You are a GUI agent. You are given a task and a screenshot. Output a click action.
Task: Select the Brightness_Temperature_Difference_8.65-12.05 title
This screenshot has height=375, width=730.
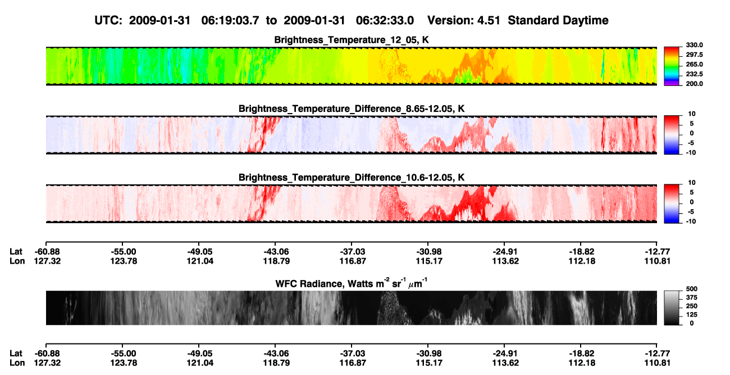352,109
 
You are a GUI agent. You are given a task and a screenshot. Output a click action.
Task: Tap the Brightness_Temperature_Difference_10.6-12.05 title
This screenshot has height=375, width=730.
352,178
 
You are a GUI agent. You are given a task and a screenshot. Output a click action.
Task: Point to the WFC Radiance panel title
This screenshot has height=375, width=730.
352,283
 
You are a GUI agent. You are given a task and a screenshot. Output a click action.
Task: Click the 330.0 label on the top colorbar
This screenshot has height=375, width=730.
694,45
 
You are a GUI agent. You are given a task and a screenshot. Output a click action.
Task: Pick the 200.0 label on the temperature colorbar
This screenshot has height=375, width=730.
694,84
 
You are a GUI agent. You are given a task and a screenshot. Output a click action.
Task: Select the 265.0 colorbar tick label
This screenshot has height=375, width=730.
694,64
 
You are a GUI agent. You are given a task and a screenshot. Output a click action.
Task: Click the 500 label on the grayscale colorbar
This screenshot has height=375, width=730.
692,289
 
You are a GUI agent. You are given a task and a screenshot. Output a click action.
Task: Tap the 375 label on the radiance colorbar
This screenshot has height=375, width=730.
692,297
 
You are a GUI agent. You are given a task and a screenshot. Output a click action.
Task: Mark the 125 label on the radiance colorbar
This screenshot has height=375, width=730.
692,315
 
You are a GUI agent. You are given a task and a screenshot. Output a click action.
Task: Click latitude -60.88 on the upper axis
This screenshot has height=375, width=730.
47,252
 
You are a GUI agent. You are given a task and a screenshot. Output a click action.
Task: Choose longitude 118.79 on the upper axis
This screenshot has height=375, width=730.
276,261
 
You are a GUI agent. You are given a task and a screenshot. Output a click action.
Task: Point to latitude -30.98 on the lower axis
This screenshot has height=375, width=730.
429,354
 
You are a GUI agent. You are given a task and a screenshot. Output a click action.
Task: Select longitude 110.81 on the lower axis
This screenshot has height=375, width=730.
658,363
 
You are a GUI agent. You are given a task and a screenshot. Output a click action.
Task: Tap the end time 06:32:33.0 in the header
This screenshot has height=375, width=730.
385,20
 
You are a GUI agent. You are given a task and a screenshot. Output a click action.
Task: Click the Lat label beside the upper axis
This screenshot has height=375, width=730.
16,252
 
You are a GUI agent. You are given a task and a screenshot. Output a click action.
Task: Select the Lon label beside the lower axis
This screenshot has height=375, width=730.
17,363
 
